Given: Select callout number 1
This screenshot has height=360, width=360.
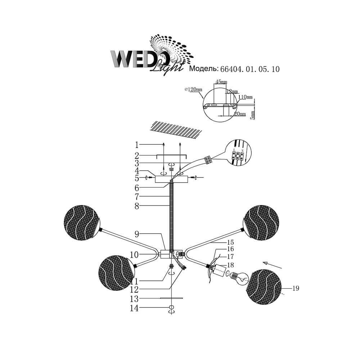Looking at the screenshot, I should [x=137, y=145].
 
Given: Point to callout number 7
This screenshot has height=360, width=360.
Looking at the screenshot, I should [x=137, y=197].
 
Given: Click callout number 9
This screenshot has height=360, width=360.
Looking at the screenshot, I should [x=137, y=234].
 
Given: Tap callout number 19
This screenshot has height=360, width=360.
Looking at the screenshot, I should [x=296, y=288].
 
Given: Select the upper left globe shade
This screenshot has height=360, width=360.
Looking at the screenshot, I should [x=81, y=222].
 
